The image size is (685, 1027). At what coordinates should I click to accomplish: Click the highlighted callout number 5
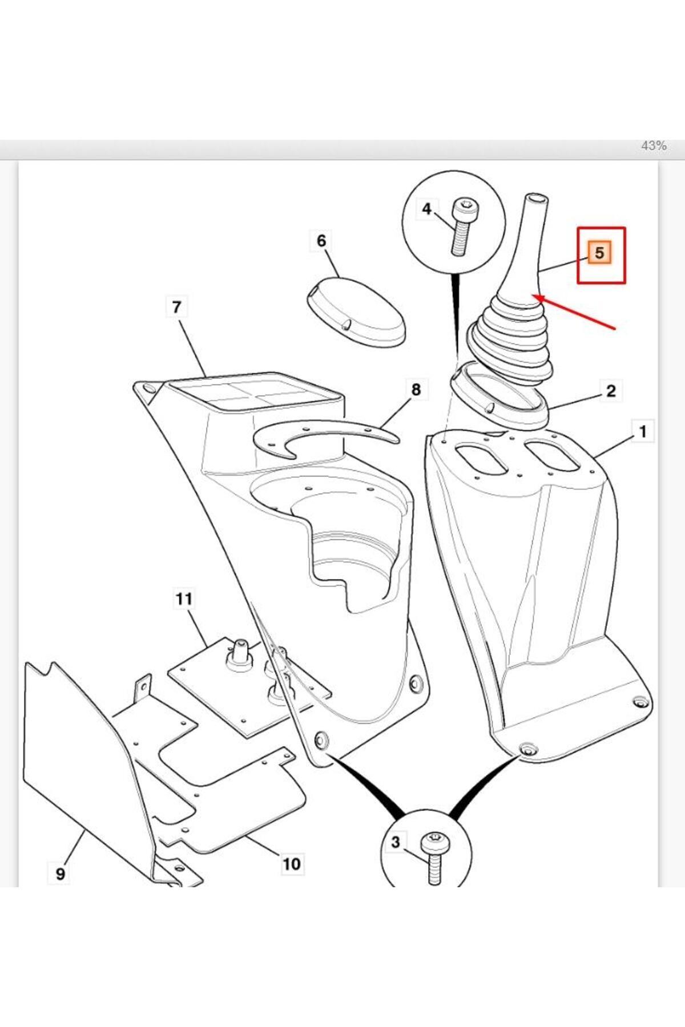click(x=599, y=253)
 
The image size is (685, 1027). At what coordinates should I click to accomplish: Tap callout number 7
click(x=176, y=307)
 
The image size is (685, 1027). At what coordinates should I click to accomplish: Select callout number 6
click(x=321, y=241)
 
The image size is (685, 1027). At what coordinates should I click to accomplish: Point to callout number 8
click(x=416, y=390)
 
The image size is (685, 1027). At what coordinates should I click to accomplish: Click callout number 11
click(x=184, y=599)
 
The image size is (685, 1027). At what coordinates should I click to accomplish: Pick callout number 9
click(x=61, y=874)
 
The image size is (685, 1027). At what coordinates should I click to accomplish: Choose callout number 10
click(x=291, y=864)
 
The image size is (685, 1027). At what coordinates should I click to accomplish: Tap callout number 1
click(x=643, y=431)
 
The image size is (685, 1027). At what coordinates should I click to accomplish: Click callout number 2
click(x=611, y=391)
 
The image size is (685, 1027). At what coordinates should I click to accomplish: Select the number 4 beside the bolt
click(x=426, y=209)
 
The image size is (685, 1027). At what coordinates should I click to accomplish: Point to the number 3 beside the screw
click(x=396, y=842)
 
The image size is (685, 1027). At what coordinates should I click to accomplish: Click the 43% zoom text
click(x=654, y=146)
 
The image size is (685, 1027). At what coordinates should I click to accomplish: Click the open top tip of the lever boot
click(x=537, y=199)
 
